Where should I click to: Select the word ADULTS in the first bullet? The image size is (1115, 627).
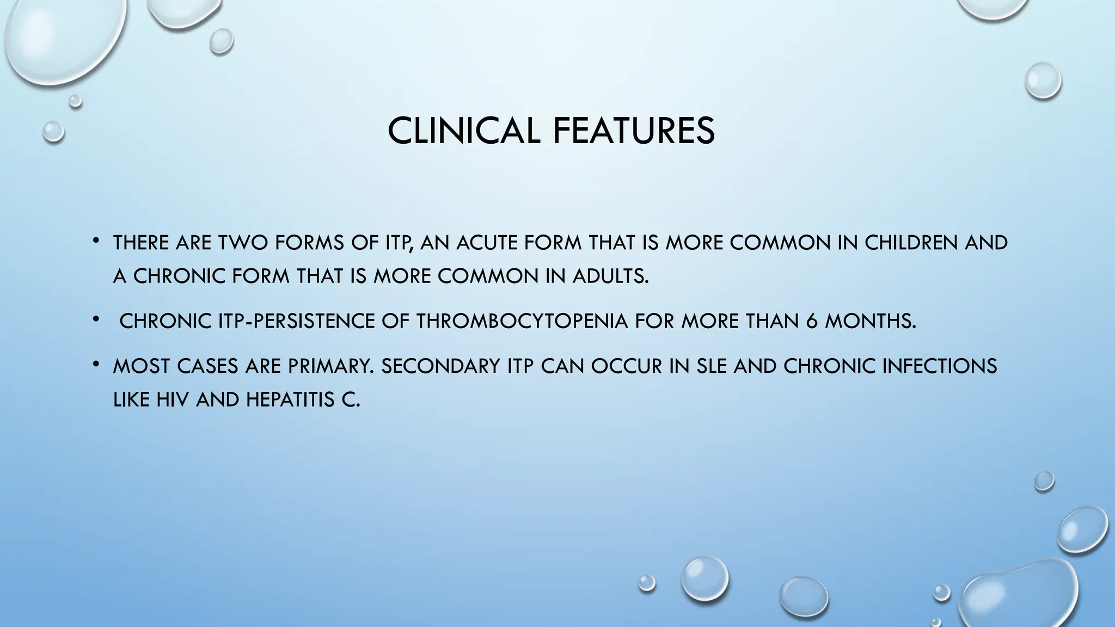click(610, 276)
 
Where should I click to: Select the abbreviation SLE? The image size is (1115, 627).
click(712, 366)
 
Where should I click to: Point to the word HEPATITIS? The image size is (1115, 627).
click(291, 400)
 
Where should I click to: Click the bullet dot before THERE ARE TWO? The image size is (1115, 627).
click(95, 240)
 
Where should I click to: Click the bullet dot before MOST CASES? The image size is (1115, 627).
click(95, 364)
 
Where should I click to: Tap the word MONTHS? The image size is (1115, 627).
click(870, 321)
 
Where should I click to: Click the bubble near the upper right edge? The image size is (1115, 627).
click(1043, 81)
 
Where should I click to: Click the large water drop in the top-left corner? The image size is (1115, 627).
click(65, 38)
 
